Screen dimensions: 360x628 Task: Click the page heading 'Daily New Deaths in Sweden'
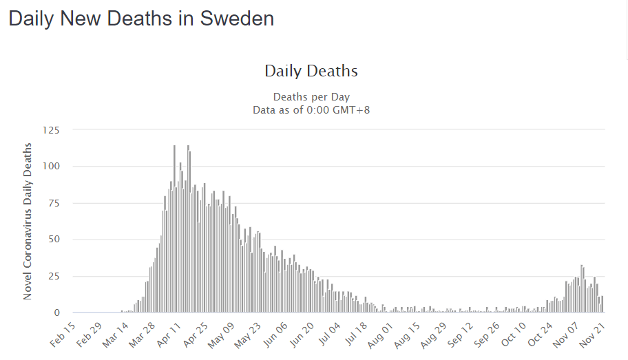141,19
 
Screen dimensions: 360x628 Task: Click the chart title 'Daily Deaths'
311,71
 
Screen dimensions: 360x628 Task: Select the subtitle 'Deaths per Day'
311,97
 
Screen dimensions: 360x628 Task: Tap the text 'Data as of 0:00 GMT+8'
311,109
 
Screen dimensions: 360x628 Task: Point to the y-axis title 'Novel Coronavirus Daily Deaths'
28,221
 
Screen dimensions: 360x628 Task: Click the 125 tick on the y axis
51,130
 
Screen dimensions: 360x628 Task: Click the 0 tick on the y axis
57,313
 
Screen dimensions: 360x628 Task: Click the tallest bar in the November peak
582,289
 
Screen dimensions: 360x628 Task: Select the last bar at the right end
603,305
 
